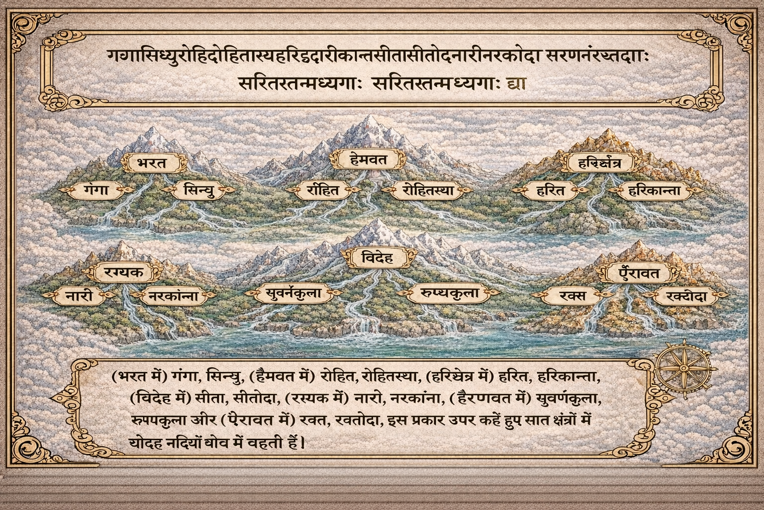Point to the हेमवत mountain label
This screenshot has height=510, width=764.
(x=368, y=160)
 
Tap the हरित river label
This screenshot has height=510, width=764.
(x=551, y=190)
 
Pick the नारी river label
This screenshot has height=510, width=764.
(x=79, y=296)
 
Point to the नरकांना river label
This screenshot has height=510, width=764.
(x=174, y=297)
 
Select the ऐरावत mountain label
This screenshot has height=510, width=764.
(x=639, y=272)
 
